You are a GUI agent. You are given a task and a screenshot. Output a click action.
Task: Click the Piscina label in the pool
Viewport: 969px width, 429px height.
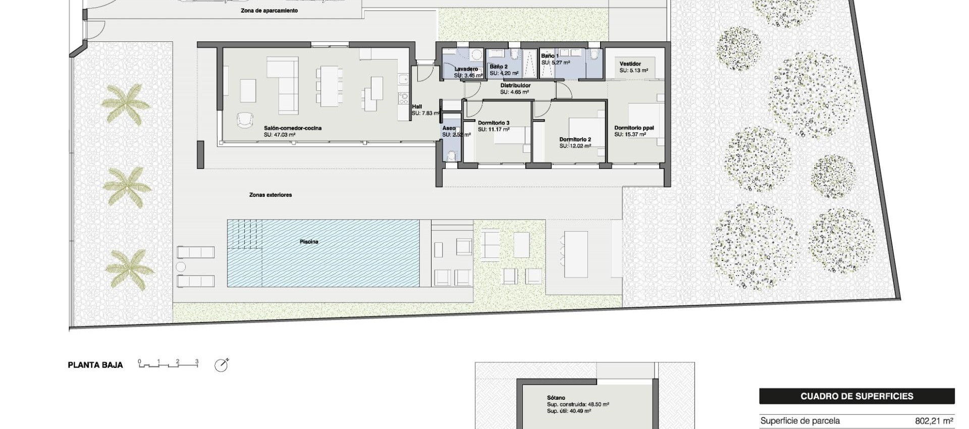coord(309,242)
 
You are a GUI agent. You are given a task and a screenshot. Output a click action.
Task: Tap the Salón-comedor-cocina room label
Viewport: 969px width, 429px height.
coord(292,128)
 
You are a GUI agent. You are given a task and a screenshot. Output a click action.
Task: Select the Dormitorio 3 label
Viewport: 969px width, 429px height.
coord(493,123)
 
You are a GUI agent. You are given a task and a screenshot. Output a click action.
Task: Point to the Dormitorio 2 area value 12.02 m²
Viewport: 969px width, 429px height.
coord(575,146)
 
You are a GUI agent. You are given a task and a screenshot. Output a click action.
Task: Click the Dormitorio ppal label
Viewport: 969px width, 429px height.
coord(634,128)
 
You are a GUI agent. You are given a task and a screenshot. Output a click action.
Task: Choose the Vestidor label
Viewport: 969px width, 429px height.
coord(630,64)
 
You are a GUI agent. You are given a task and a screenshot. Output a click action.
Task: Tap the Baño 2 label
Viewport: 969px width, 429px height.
coord(498,67)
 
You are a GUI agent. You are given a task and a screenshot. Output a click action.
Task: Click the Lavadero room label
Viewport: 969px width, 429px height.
coord(465,69)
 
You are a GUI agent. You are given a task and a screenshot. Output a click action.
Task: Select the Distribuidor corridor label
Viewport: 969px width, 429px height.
coord(515,86)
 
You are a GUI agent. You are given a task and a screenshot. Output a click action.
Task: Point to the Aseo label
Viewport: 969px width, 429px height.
coord(449,128)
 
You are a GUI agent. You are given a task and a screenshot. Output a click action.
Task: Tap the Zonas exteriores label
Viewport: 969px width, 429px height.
coord(271,195)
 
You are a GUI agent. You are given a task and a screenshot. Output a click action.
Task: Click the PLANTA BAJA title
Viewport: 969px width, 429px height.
coord(95,365)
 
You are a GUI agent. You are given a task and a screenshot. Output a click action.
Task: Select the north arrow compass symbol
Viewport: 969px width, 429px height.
coord(221,365)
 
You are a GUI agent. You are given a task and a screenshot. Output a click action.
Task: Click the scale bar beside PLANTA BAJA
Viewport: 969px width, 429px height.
coord(169,363)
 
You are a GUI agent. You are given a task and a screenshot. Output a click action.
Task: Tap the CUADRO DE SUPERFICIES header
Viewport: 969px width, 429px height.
coord(856,396)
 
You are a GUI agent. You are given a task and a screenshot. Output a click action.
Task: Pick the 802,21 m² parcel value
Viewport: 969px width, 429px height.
coord(934,421)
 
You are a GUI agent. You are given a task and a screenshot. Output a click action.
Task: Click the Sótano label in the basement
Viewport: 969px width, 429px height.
coord(556,398)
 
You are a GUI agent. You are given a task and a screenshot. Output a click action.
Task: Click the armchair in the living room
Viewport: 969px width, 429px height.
coord(245,119)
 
